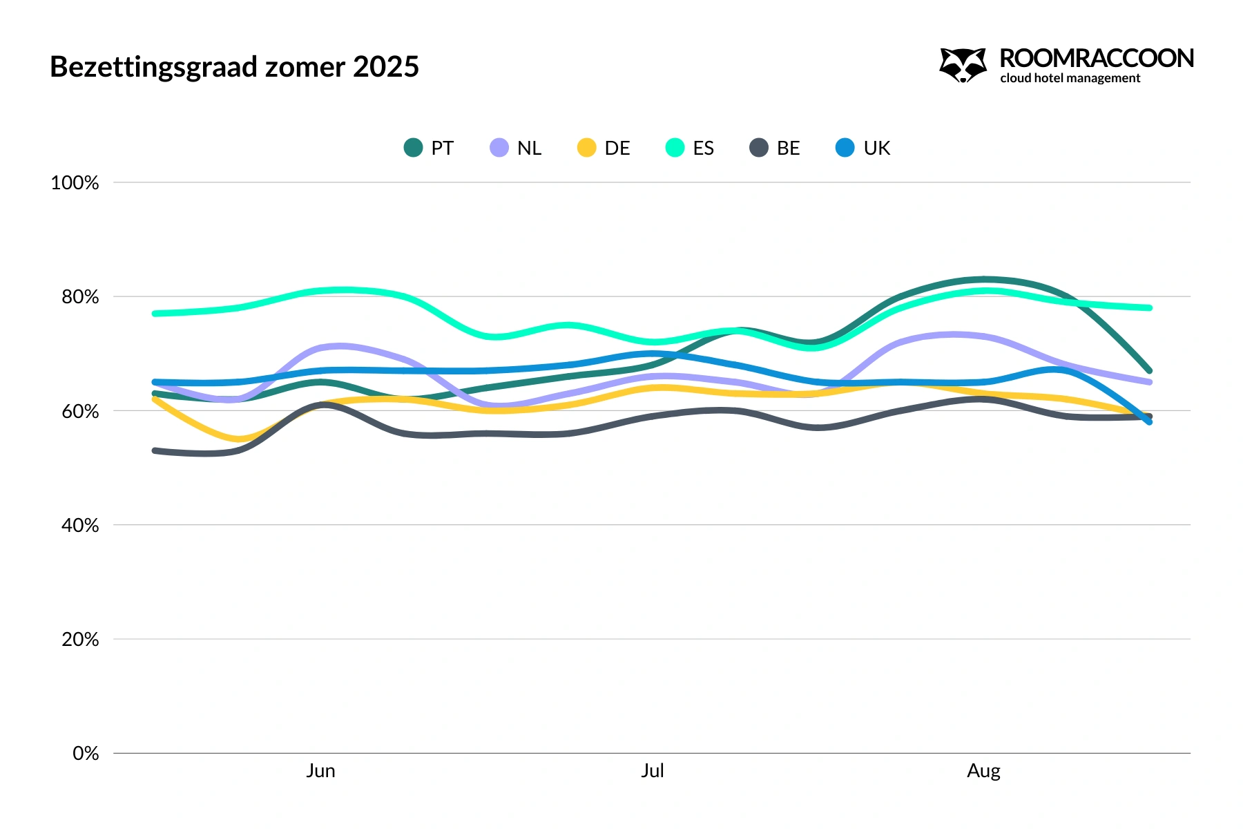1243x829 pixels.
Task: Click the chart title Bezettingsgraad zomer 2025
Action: click(234, 67)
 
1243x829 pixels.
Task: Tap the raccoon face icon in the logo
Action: click(963, 65)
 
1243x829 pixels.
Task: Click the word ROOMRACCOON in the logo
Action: click(1096, 59)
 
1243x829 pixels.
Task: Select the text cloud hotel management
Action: click(1070, 78)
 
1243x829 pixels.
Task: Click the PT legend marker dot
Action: click(413, 148)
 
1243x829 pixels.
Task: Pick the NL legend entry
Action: click(516, 148)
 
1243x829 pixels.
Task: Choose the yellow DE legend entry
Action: click(604, 148)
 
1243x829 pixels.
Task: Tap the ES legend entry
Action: click(690, 148)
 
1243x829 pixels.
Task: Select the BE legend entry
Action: click(775, 148)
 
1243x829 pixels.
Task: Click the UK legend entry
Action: click(863, 148)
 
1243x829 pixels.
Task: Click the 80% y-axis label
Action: click(80, 297)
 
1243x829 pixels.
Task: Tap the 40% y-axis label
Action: click(80, 525)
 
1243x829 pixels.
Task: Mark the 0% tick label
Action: click(86, 753)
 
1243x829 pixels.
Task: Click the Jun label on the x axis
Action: click(320, 771)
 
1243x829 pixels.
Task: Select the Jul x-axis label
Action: click(652, 771)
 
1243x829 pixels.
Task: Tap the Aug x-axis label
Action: click(983, 771)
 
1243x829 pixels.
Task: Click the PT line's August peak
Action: click(983, 280)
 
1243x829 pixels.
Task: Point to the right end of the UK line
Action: click(1149, 421)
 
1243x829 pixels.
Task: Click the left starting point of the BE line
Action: click(155, 451)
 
